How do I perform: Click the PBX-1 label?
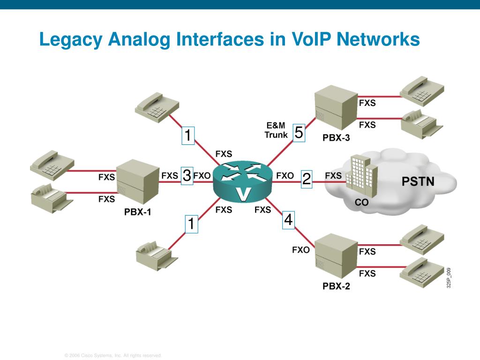(x=138, y=212)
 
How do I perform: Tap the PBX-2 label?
(x=336, y=286)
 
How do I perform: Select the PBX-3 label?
(x=336, y=138)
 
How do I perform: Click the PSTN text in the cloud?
(x=418, y=181)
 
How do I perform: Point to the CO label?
(x=361, y=203)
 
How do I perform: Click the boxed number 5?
(x=299, y=133)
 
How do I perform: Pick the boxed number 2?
(x=307, y=179)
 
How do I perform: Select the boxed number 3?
(x=187, y=176)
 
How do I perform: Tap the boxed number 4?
(x=288, y=220)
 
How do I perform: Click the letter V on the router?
(x=243, y=194)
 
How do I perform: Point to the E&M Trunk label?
(x=276, y=130)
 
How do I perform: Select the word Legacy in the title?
(x=71, y=39)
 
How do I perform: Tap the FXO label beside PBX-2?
(x=301, y=250)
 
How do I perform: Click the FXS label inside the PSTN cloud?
(x=333, y=176)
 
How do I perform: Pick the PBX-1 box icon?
(x=137, y=183)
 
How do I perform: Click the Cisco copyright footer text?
(x=113, y=356)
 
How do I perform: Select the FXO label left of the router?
(x=202, y=176)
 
